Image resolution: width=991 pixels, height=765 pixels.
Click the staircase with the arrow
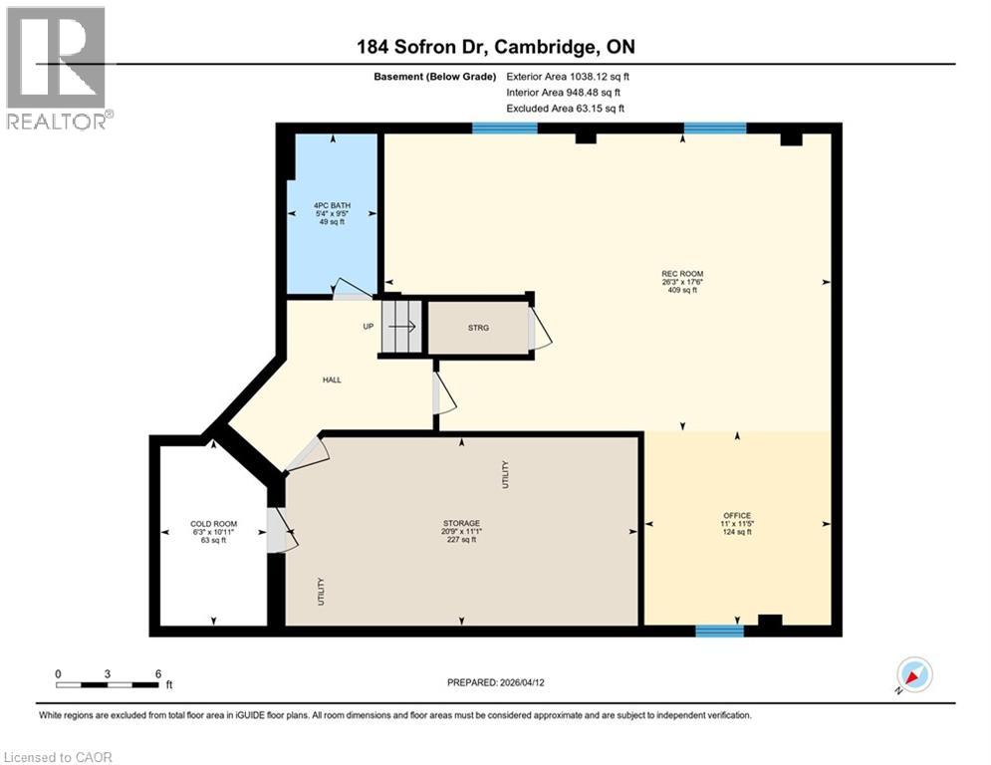pos(402,326)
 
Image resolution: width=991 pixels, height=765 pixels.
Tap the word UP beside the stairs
pos(368,326)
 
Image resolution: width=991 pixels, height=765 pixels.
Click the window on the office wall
pos(719,631)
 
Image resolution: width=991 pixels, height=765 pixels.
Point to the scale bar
pos(108,683)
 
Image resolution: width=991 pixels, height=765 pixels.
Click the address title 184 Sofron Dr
pos(495,47)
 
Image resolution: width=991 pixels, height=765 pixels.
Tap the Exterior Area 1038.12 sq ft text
pos(569,76)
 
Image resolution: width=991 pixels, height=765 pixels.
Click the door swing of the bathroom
pos(352,289)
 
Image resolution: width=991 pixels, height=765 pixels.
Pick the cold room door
pos(281,529)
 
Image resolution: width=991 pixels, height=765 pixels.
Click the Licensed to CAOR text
pos(57,757)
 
